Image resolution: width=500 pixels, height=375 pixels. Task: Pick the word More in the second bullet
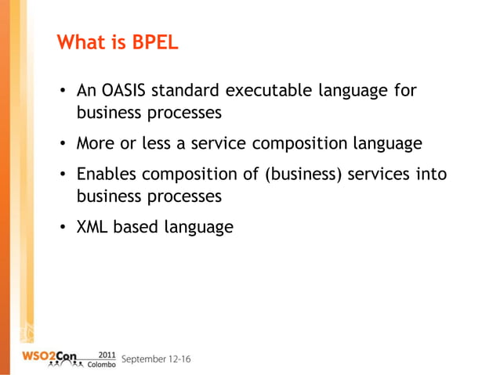[95, 144]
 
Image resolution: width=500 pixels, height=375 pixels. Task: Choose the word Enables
[106, 175]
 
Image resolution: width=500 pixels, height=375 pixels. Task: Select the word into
[430, 175]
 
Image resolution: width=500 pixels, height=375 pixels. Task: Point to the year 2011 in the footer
[103, 353]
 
